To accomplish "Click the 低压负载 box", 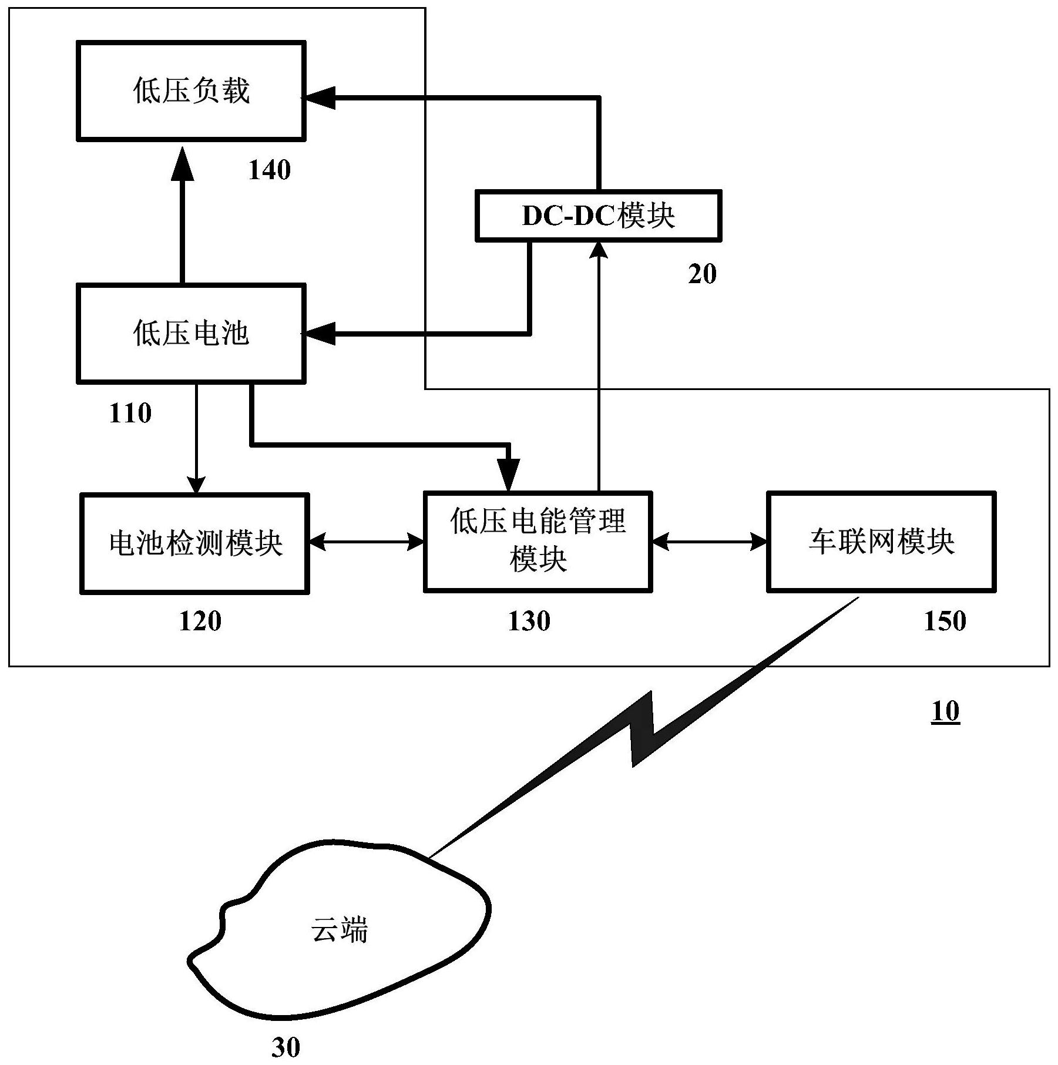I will pyautogui.click(x=191, y=91).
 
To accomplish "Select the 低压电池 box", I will pyautogui.click(x=191, y=334).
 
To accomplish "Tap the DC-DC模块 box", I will pyautogui.click(x=598, y=216).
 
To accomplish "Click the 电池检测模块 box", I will pyautogui.click(x=194, y=543).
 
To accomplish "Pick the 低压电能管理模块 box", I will pyautogui.click(x=538, y=541).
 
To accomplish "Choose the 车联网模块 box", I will pyautogui.click(x=881, y=541).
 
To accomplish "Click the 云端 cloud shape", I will pyautogui.click(x=340, y=930).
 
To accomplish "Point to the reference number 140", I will pyautogui.click(x=270, y=170).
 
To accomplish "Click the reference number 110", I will pyautogui.click(x=130, y=414).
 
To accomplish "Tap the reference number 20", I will pyautogui.click(x=702, y=274).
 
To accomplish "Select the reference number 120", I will pyautogui.click(x=200, y=621).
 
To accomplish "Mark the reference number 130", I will pyautogui.click(x=529, y=621).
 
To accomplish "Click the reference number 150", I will pyautogui.click(x=945, y=621).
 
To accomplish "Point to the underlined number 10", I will pyautogui.click(x=945, y=711).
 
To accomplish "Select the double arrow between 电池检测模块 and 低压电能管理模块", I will pyautogui.click(x=367, y=542).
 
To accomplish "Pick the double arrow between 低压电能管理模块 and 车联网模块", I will pyautogui.click(x=709, y=542).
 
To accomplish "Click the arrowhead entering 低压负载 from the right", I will pyautogui.click(x=320, y=98).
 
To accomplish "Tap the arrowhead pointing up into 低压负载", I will pyautogui.click(x=183, y=164).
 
